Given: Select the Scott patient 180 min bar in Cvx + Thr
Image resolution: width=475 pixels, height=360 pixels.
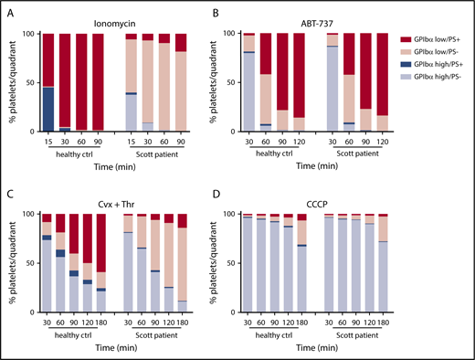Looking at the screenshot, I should coord(181,265).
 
